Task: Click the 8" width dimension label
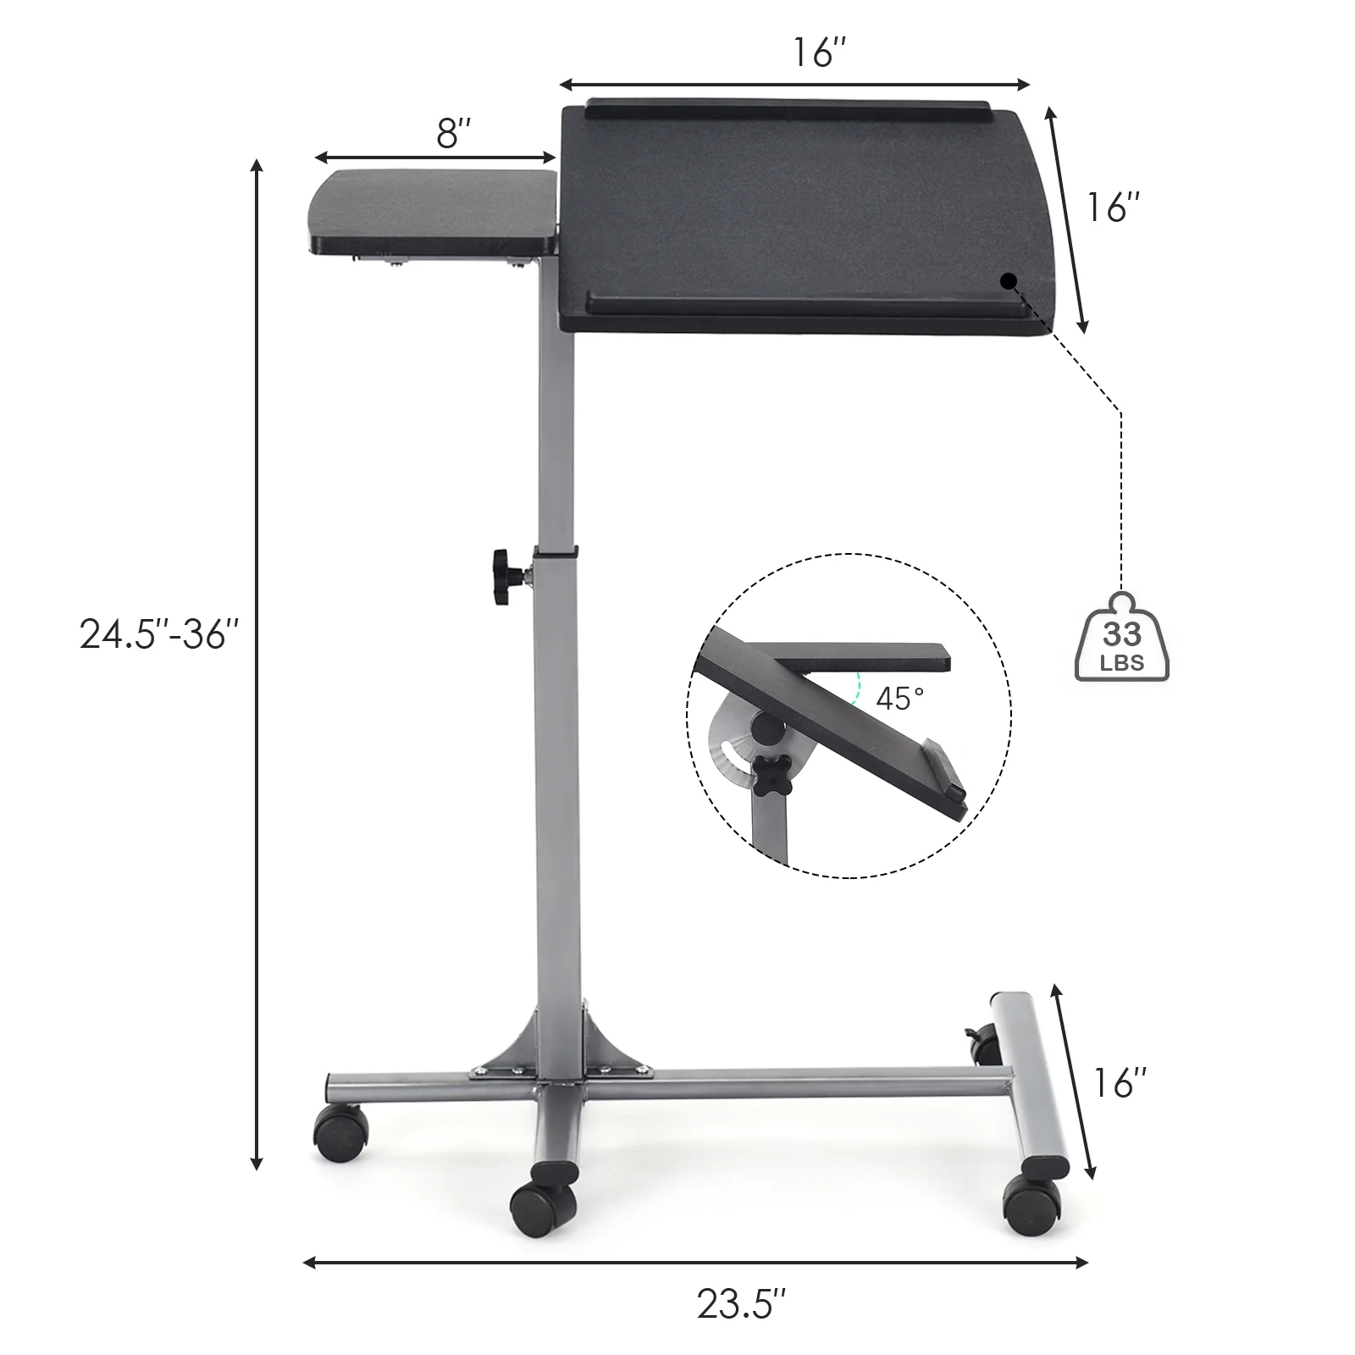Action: click(x=453, y=133)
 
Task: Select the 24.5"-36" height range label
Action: click(x=159, y=633)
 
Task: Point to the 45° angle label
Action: click(x=899, y=699)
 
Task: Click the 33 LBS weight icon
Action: click(x=1121, y=640)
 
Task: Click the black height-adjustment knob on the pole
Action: click(x=504, y=577)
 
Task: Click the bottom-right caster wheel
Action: click(x=1031, y=1203)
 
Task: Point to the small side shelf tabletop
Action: click(x=432, y=207)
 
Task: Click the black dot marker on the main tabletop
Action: click(x=1008, y=281)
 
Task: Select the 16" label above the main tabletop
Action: click(x=819, y=53)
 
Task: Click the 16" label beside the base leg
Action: click(x=1120, y=1082)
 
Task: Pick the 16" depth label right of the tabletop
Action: click(x=1114, y=207)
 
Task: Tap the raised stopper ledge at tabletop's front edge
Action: click(x=805, y=301)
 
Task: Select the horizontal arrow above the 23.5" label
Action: click(x=694, y=1263)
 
